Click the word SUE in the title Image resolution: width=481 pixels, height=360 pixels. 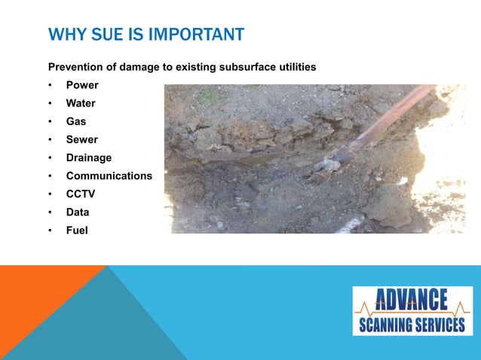point(105,35)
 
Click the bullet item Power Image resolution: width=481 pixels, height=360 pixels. point(82,85)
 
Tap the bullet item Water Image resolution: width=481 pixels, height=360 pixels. point(81,103)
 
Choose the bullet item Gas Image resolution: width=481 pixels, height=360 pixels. point(76,121)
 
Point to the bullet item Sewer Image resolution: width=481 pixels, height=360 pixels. point(82,139)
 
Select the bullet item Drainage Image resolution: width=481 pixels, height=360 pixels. point(89,157)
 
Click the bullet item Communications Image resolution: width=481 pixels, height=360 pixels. point(109,175)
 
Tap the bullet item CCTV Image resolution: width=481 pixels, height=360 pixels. point(80,194)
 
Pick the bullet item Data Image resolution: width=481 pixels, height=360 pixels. point(78,212)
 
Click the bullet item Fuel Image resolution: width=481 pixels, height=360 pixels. point(77,230)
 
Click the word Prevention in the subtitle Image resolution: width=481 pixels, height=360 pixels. point(76,67)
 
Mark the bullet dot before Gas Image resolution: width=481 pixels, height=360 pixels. point(50,121)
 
